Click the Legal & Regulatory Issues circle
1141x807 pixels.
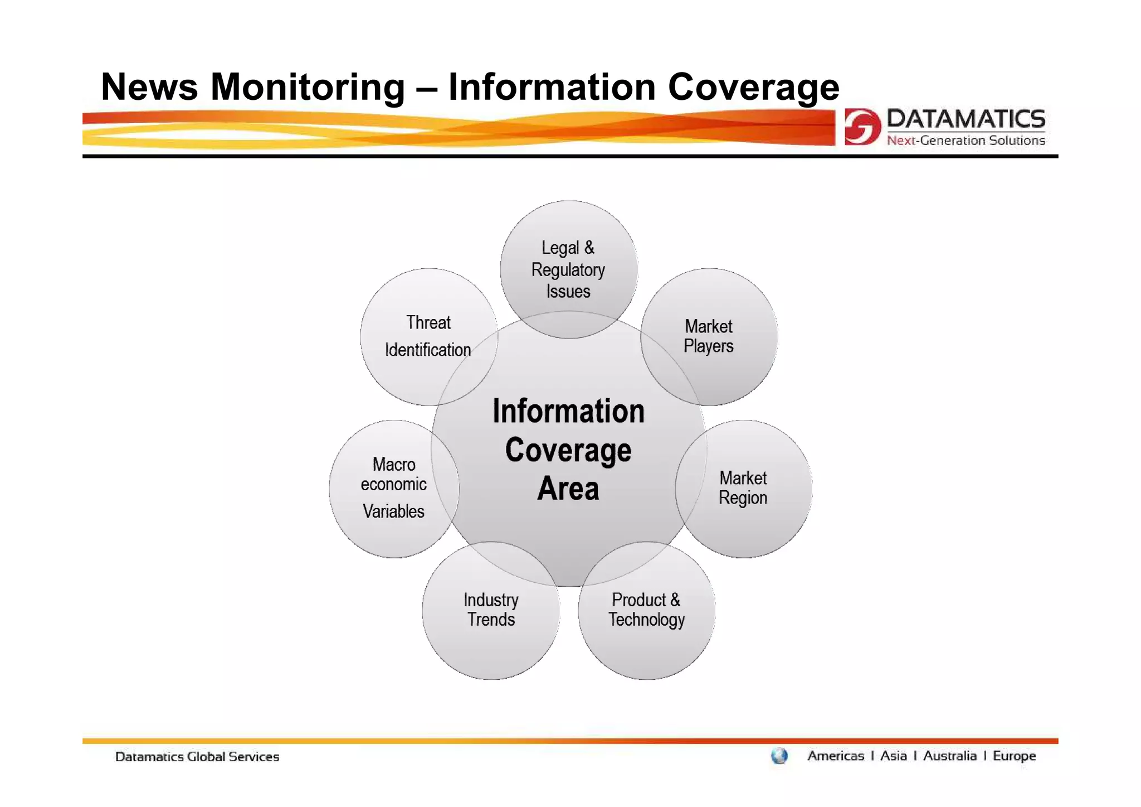[x=568, y=269]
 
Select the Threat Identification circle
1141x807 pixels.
[x=428, y=336]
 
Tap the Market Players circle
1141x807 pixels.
[x=709, y=336]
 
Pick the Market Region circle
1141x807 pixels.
[x=743, y=488]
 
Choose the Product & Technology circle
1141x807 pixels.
[x=646, y=610]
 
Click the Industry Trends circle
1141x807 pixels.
[x=491, y=610]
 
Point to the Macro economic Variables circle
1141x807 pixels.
[x=393, y=488]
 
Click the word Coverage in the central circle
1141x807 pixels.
[x=568, y=450]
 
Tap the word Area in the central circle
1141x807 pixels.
[x=568, y=489]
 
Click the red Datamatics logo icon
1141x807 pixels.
[x=862, y=127]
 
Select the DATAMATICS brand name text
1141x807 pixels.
[x=966, y=119]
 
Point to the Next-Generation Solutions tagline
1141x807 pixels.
[x=966, y=141]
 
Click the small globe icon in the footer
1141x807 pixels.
[x=779, y=756]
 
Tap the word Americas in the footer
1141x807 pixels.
[x=836, y=756]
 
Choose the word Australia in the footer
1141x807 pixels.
[x=950, y=756]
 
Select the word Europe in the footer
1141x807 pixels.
[x=1014, y=756]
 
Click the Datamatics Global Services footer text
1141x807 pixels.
[x=197, y=757]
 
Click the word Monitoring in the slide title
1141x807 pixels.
[x=308, y=87]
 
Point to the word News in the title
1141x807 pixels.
[x=149, y=87]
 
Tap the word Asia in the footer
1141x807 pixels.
[x=894, y=756]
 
